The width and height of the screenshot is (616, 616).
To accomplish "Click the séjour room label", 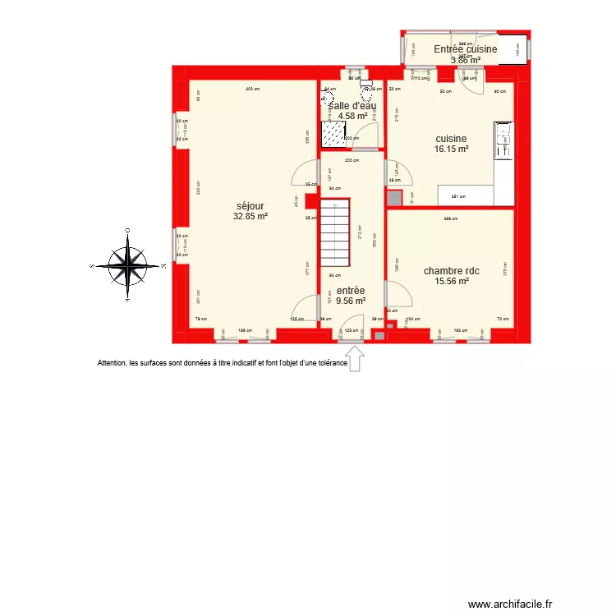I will [x=251, y=206].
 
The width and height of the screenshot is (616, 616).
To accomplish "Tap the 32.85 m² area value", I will [x=251, y=217].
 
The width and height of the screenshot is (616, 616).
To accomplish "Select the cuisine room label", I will [x=451, y=139].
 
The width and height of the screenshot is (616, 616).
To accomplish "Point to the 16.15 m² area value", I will [x=451, y=149].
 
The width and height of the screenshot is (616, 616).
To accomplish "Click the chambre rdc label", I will [x=451, y=270].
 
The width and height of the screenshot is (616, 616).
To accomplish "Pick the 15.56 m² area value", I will [x=451, y=281].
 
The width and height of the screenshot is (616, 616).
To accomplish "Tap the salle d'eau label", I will [x=352, y=105].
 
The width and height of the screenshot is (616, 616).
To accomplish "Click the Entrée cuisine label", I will [x=466, y=49].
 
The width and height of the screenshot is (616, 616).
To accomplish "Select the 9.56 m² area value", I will [x=351, y=301].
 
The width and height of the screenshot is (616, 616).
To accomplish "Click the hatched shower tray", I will [x=333, y=135].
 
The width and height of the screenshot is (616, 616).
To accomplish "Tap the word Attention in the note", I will [x=113, y=362].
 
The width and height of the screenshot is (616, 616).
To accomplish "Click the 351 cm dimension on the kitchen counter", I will [x=457, y=196].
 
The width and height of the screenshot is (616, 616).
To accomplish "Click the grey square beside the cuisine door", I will [x=394, y=198].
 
